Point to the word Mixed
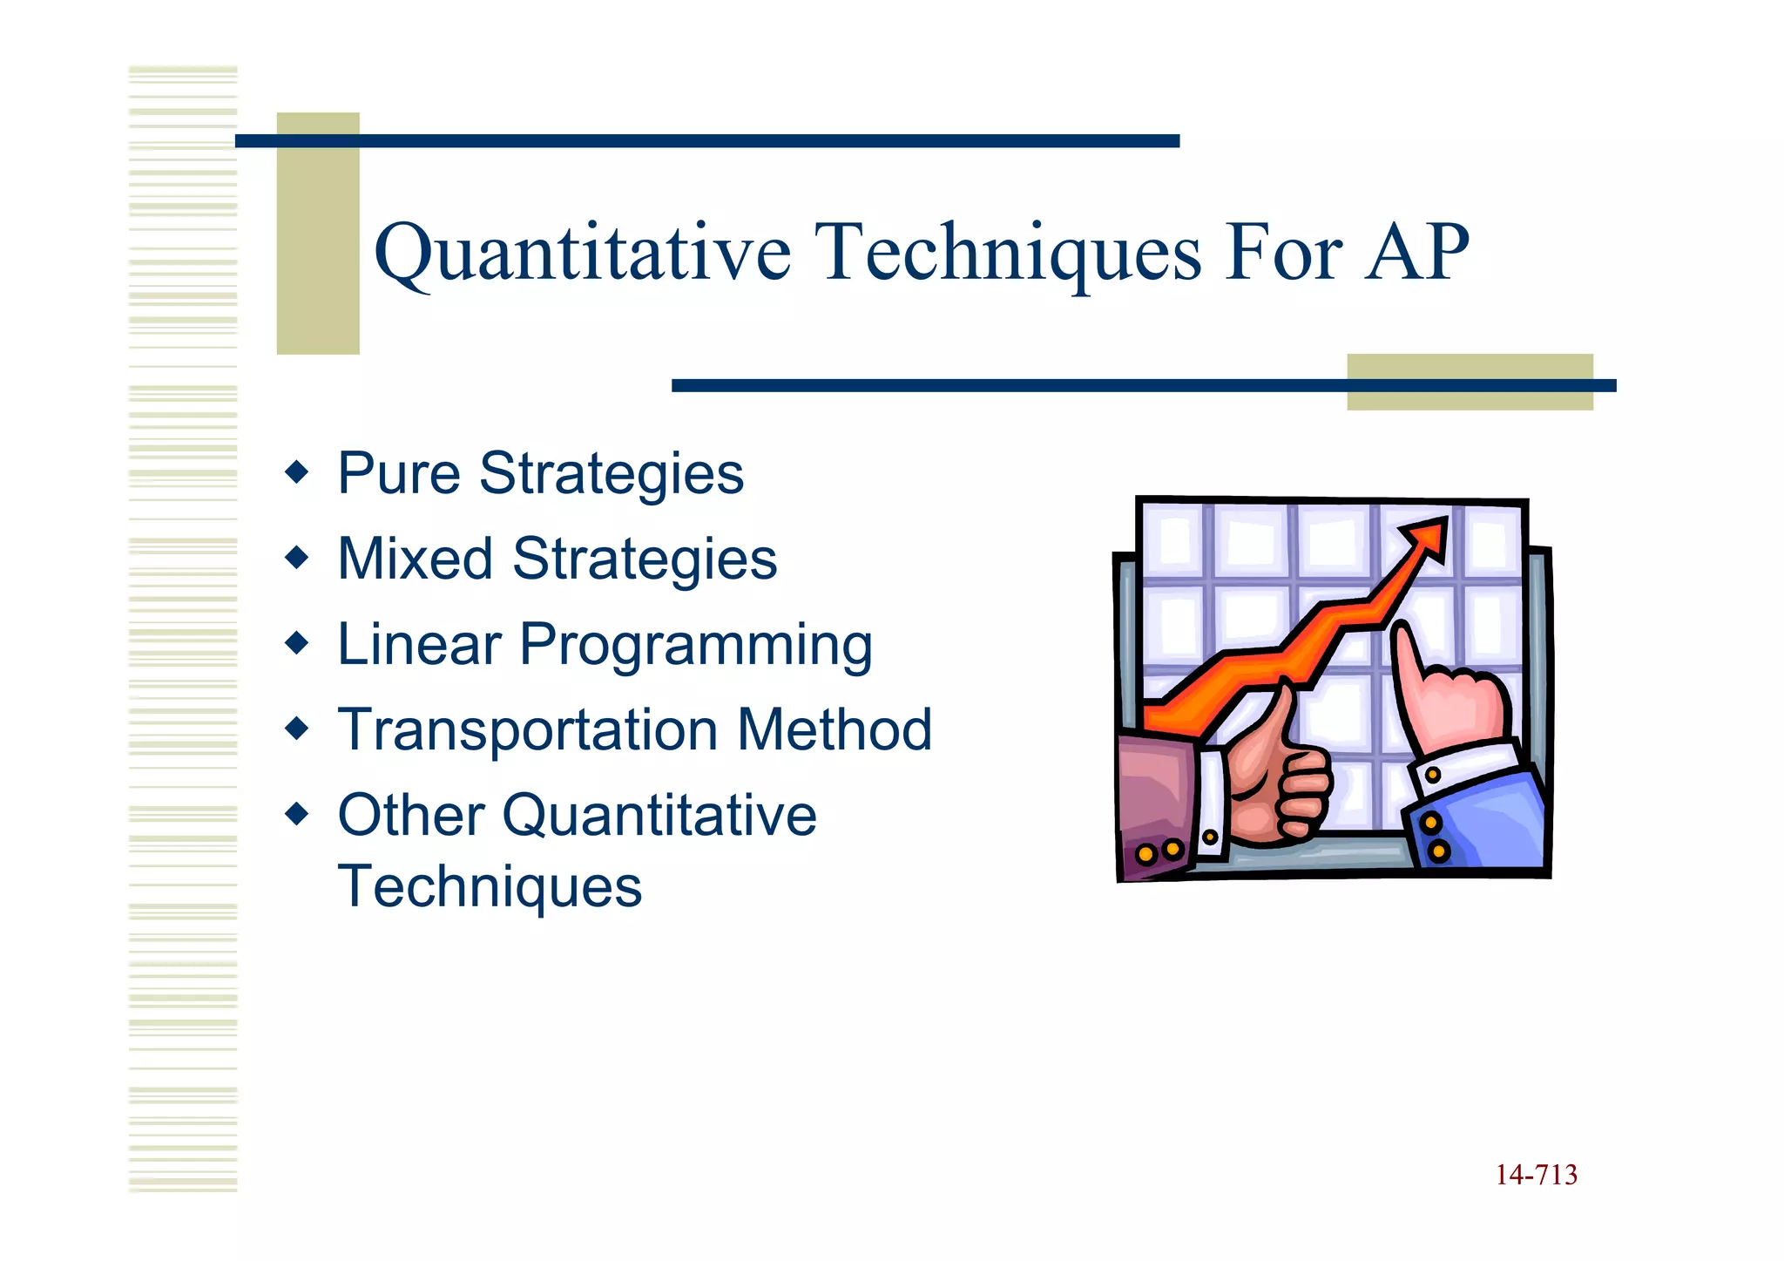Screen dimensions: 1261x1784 pyautogui.click(x=415, y=559)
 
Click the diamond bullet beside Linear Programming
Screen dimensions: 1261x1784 pyautogui.click(x=297, y=644)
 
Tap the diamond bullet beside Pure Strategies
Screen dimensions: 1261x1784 pyautogui.click(x=297, y=473)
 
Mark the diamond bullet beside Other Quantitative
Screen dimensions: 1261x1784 pyautogui.click(x=297, y=815)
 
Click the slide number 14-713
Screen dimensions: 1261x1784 pyautogui.click(x=1536, y=1176)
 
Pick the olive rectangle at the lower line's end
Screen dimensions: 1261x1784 pyautogui.click(x=1470, y=383)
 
